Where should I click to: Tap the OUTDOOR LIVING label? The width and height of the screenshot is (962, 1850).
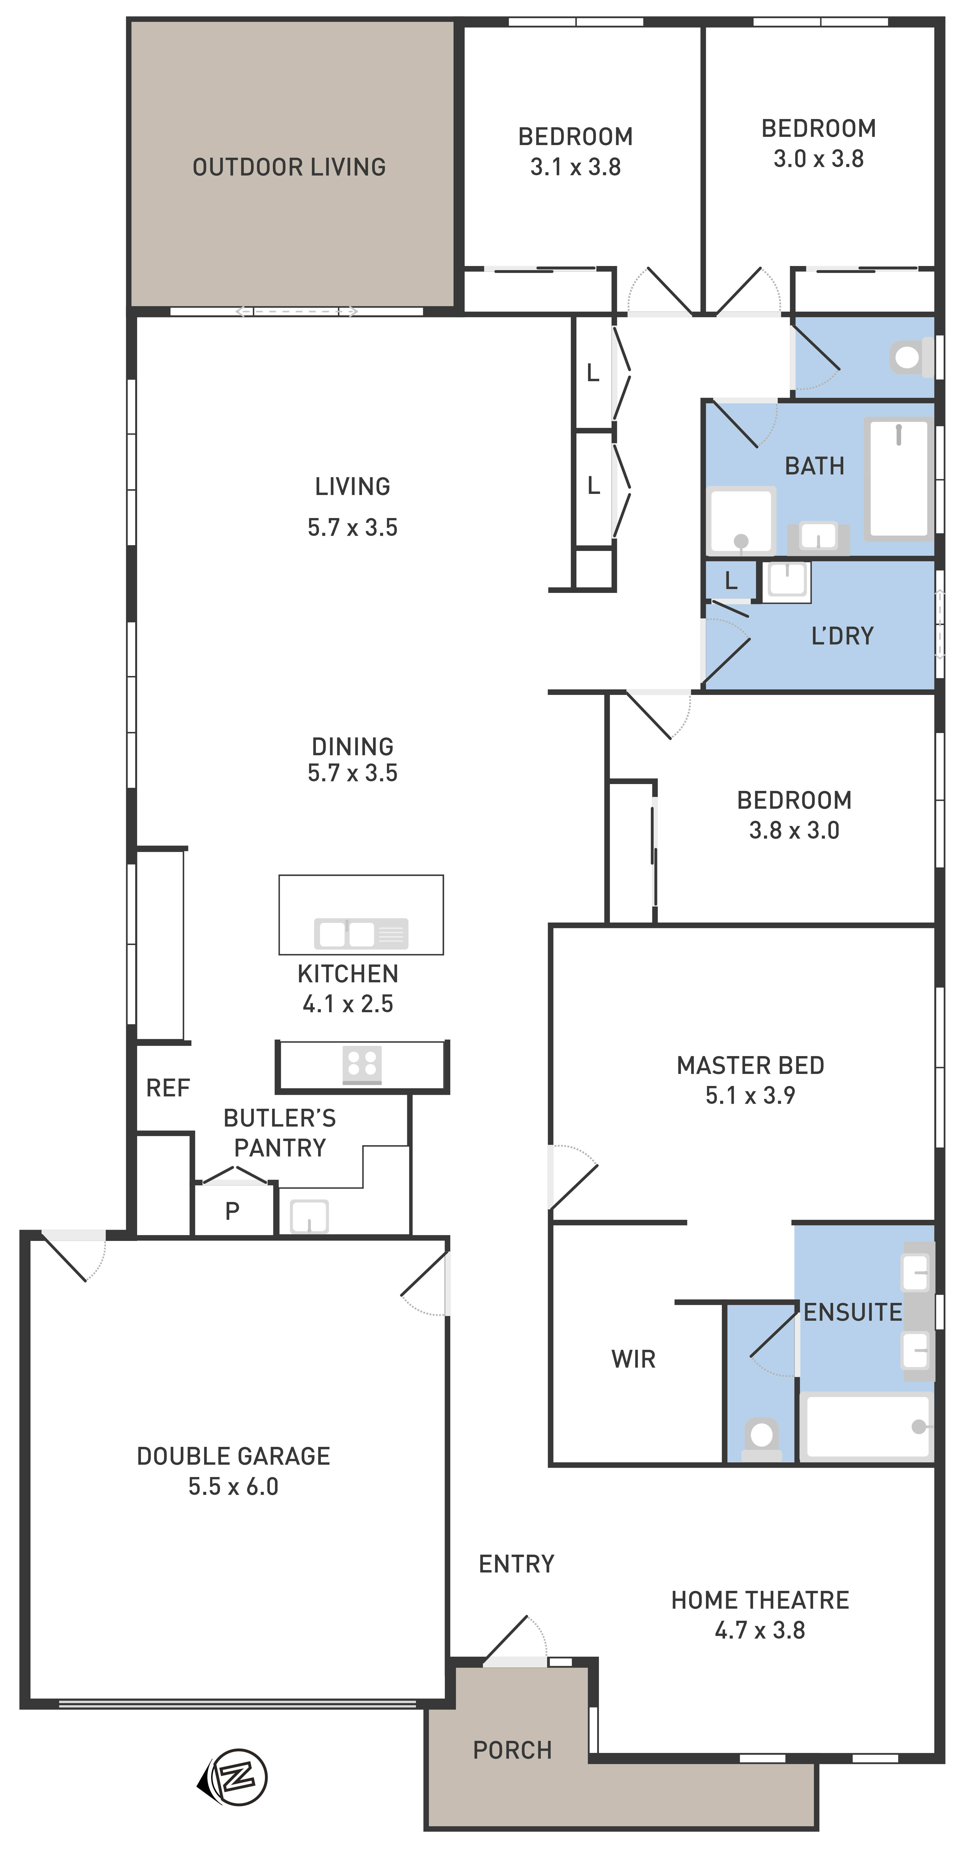click(289, 167)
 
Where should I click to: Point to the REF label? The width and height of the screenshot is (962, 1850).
click(168, 1088)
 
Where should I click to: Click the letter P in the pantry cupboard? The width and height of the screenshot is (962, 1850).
click(232, 1212)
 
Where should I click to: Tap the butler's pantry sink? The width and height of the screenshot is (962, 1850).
click(309, 1217)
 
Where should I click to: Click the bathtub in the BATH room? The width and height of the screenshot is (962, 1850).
click(899, 479)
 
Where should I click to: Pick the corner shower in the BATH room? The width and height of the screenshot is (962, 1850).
click(741, 521)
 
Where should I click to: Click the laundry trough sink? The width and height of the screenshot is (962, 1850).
click(787, 581)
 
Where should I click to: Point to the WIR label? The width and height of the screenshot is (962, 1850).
click(633, 1359)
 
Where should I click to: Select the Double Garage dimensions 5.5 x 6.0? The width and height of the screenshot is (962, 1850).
click(233, 1487)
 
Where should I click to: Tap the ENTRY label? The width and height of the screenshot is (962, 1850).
click(517, 1564)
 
